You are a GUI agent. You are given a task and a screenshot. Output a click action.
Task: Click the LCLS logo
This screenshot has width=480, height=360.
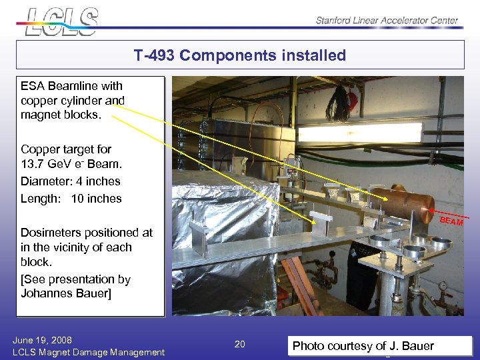pyautogui.click(x=61, y=21)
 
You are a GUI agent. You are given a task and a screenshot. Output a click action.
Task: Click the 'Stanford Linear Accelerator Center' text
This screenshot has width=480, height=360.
pyautogui.click(x=387, y=20)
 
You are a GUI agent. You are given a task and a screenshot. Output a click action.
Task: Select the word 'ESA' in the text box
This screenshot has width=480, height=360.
pyautogui.click(x=33, y=86)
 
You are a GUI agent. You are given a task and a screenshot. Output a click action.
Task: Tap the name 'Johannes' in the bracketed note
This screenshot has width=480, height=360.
pyautogui.click(x=49, y=293)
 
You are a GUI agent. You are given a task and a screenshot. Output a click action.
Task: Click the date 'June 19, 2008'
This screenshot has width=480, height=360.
pyautogui.click(x=42, y=340)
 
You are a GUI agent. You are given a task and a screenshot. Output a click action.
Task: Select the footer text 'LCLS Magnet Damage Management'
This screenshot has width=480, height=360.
pyautogui.click(x=89, y=352)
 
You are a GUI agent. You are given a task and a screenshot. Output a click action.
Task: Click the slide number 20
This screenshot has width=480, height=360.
pyautogui.click(x=240, y=344)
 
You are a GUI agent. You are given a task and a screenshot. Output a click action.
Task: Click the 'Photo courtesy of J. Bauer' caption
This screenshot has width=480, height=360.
pyautogui.click(x=363, y=345)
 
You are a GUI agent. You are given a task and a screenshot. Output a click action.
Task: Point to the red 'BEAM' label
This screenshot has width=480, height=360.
pyautogui.click(x=451, y=221)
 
